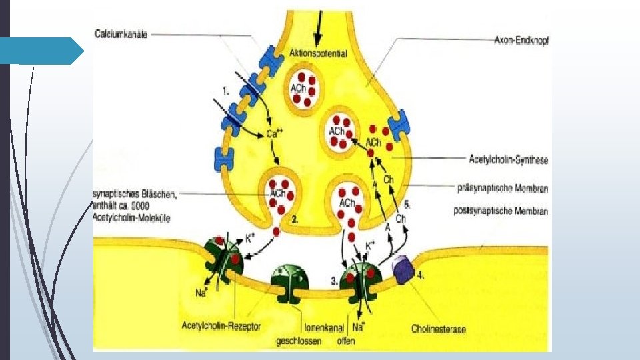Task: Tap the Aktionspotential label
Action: coord(318,53)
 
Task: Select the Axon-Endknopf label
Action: coord(522,39)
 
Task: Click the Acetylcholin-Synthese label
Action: coord(508,160)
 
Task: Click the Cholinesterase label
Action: coord(439,329)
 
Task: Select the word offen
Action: coord(345,341)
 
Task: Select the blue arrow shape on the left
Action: coord(51,51)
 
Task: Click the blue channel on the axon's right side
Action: coord(399,125)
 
